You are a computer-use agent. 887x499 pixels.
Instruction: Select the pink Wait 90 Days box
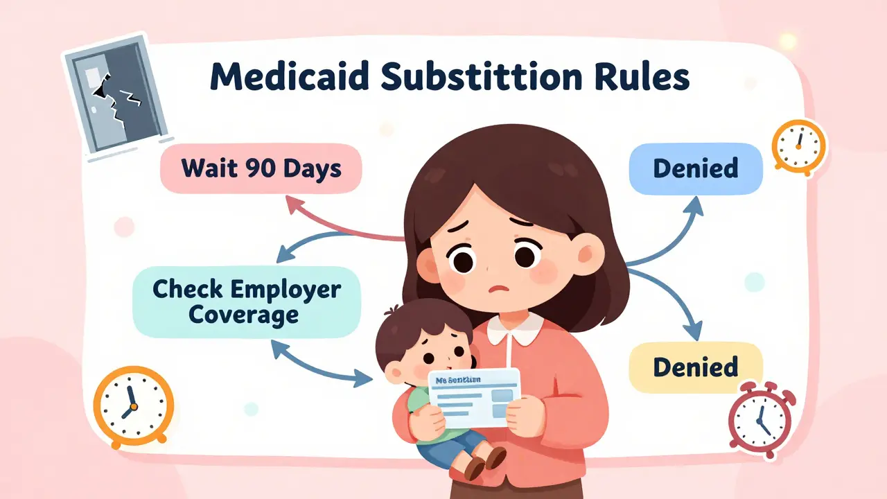point(261,168)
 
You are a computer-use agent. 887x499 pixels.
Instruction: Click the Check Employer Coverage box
point(247,301)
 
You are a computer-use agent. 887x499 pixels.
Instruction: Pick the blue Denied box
point(695,168)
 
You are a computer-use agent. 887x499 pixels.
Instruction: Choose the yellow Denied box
point(695,367)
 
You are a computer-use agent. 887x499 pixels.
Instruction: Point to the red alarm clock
point(761,419)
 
